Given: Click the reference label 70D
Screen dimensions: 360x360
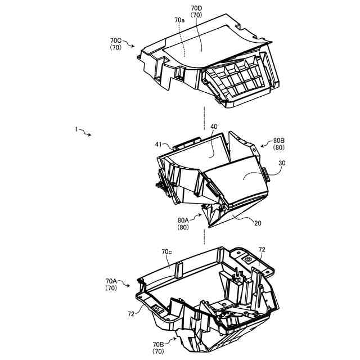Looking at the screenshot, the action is click(196, 9).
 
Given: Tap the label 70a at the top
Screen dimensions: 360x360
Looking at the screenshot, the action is click(179, 20).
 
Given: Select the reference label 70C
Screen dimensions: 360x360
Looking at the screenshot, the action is click(116, 40).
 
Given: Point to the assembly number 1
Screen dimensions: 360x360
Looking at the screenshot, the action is click(75, 129).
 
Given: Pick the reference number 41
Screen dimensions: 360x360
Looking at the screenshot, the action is click(159, 145).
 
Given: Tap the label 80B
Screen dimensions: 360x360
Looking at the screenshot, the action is click(279, 141).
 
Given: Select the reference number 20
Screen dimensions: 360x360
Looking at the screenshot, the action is click(258, 223).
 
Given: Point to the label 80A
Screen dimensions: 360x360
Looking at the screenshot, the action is click(183, 220).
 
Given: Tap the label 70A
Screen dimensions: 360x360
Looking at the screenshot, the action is click(111, 281).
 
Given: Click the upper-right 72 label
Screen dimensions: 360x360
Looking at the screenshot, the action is click(262, 249).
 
